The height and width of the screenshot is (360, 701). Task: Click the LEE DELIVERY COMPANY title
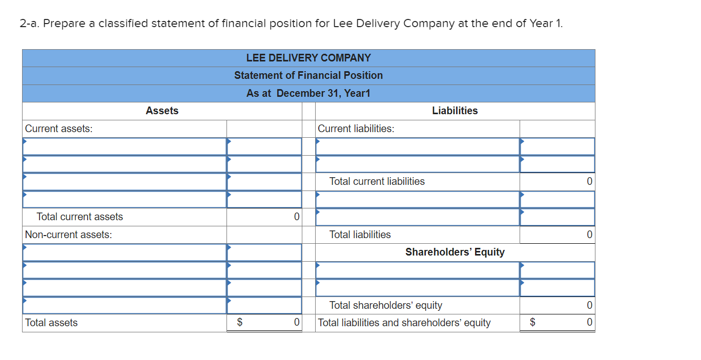(x=308, y=58)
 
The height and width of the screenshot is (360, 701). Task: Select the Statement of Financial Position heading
(x=308, y=75)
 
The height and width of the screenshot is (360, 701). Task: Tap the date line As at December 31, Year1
(x=308, y=93)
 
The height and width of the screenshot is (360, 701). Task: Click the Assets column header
(x=162, y=111)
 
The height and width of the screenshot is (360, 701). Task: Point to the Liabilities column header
(x=455, y=111)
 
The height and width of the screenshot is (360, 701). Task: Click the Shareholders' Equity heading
(x=455, y=252)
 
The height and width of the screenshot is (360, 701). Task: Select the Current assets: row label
(x=59, y=129)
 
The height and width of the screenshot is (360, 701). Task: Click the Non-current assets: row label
(x=69, y=235)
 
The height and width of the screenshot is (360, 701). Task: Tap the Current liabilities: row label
(x=356, y=129)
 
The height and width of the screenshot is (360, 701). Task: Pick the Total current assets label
(x=80, y=217)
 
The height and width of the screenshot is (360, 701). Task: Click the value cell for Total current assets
(x=264, y=217)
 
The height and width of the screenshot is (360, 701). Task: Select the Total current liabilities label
(x=377, y=181)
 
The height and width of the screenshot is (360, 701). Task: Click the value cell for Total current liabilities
(x=558, y=181)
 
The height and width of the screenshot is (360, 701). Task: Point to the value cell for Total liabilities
(x=558, y=235)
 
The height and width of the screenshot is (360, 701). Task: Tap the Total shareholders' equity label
(x=386, y=305)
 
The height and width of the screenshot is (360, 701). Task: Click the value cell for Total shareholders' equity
(x=558, y=305)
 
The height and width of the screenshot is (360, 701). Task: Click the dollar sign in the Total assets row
(x=240, y=322)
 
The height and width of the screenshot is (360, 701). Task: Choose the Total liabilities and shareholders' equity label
(x=404, y=323)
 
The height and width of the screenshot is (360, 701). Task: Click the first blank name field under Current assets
(x=125, y=146)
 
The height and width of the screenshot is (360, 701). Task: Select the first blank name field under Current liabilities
(x=418, y=146)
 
